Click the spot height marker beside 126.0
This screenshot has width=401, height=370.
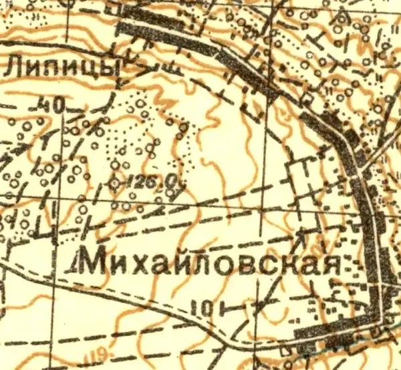coord(115,182)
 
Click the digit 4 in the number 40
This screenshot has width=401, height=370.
coord(44,106)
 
